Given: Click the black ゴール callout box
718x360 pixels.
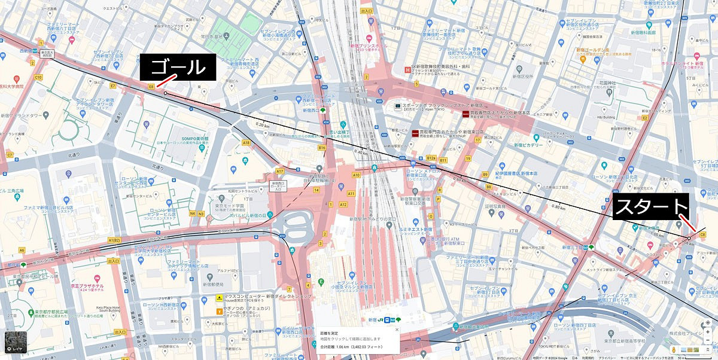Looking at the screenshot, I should click(178, 68).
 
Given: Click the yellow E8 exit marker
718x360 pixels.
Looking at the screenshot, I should click(152, 87).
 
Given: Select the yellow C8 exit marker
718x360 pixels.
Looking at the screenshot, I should click(702, 234).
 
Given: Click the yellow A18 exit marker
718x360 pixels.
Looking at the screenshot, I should click(246, 142).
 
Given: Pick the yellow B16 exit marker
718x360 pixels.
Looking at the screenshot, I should click(321, 147).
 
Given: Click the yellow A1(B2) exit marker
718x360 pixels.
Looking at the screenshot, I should click(115, 240).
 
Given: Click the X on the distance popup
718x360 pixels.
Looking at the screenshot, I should click(396, 329).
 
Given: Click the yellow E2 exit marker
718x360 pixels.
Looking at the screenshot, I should click(645, 118).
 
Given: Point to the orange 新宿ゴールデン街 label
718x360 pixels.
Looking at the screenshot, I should click(594, 50).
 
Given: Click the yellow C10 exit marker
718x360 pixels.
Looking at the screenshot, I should click(38, 77).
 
